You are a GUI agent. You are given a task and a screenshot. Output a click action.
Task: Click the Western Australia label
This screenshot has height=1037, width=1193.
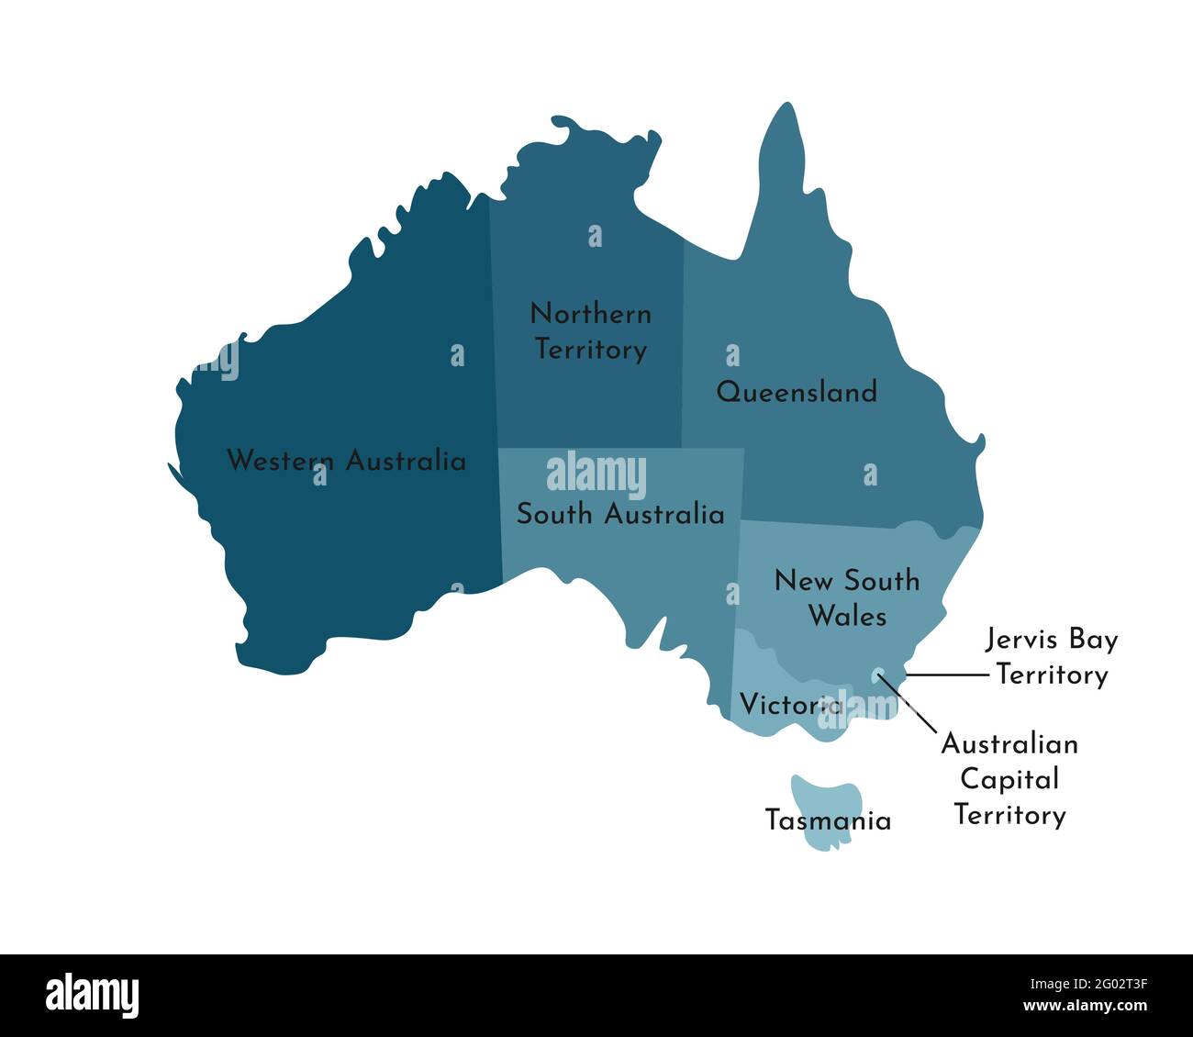346,460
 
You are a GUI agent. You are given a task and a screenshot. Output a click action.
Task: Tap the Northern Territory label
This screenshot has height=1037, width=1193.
591,331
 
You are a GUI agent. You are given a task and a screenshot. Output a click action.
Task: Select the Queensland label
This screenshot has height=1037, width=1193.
797,393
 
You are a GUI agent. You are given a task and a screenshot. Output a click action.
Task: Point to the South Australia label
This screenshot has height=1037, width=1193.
620,514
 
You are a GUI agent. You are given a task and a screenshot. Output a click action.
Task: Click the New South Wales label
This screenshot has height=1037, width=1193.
847,597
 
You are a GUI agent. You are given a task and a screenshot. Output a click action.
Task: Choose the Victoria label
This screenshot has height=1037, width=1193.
790,705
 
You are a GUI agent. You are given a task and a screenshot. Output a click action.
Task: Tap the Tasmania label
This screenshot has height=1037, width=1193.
828,820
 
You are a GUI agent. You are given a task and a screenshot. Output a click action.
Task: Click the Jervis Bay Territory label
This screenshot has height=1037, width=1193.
1052,656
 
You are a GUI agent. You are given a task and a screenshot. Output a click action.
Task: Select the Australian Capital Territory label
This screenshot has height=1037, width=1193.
1009,778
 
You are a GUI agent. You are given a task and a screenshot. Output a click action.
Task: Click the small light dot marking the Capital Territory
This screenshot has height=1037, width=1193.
878,674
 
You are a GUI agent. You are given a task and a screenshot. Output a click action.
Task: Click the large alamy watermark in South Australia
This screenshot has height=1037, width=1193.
596,476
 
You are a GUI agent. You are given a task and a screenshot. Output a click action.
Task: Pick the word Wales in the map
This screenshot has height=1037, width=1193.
847,616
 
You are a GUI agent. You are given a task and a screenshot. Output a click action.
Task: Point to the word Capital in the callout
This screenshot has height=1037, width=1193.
1009,779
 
